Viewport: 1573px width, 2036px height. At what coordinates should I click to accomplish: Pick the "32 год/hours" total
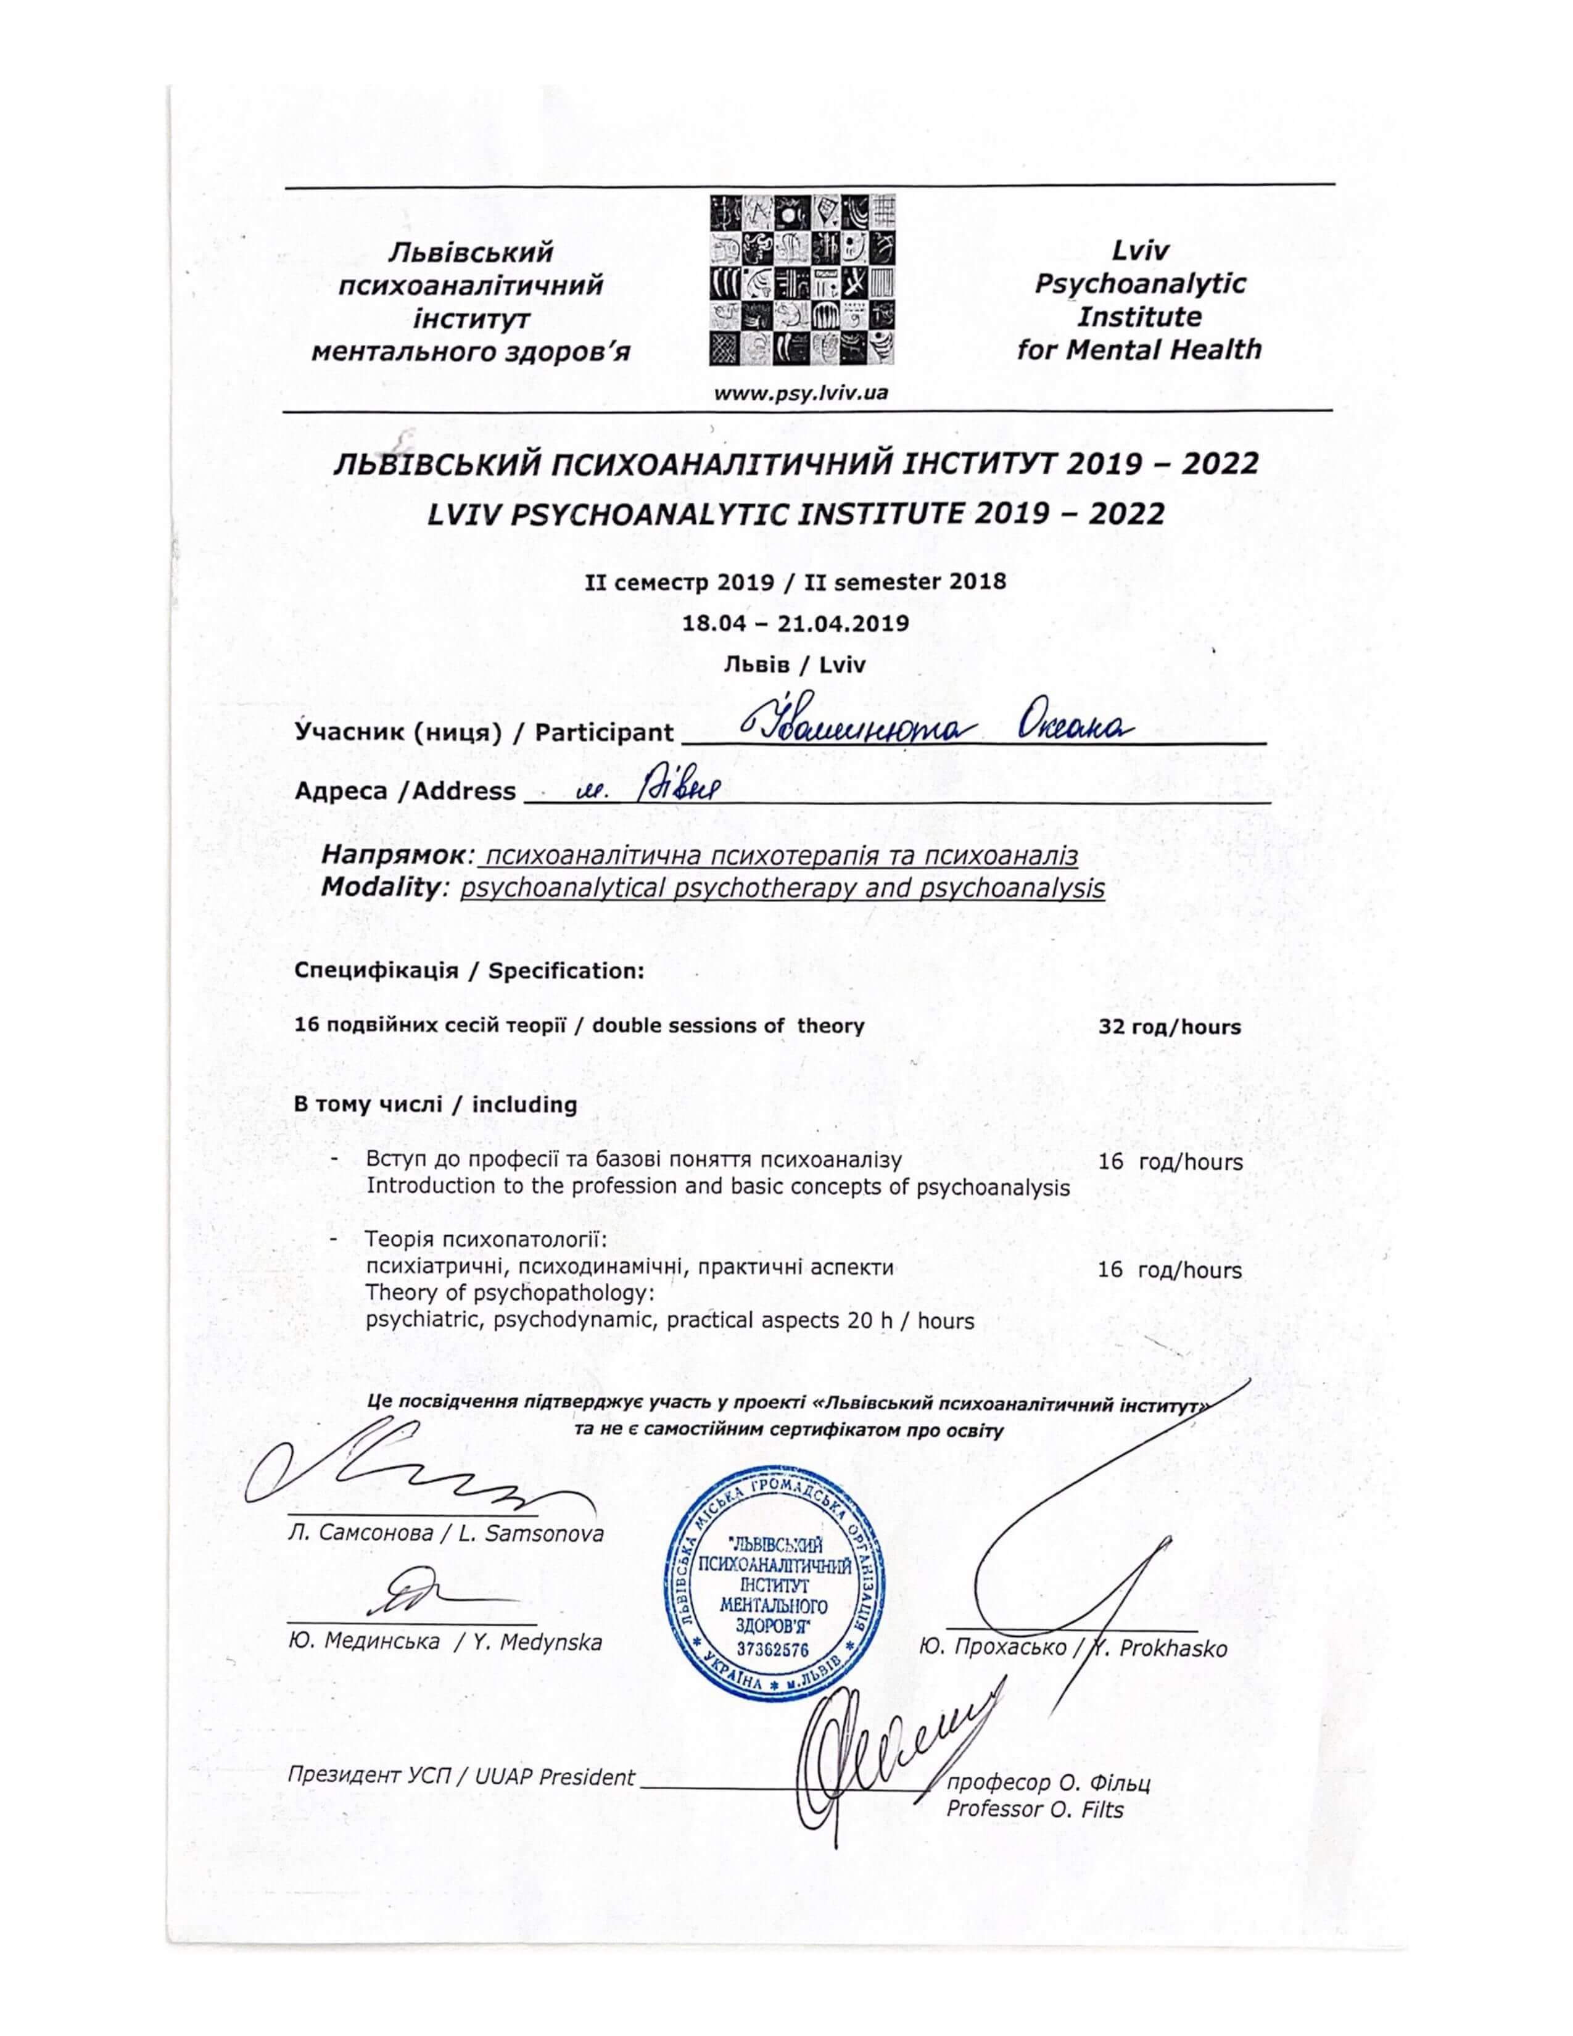pos(1170,1027)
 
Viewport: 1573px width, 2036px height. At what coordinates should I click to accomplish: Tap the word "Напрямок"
pos(390,855)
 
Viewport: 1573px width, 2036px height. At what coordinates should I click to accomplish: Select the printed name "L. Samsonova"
pos(531,1534)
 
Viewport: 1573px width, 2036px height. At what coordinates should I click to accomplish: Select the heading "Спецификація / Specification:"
pos(469,970)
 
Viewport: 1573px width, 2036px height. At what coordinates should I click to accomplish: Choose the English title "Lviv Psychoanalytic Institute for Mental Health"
pos(1139,300)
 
